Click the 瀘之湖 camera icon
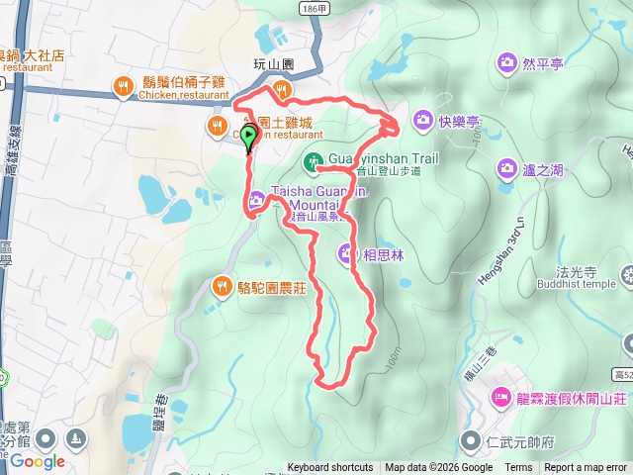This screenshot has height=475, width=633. click(507, 169)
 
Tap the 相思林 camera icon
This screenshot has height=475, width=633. click(347, 253)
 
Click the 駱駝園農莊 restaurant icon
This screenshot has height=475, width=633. click(221, 287)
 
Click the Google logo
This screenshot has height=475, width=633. click(38, 461)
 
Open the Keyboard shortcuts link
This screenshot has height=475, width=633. click(330, 468)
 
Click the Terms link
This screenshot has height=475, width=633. click(518, 468)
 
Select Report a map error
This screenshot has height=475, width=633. click(586, 468)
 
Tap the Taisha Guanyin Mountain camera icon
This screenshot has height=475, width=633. click(257, 199)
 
